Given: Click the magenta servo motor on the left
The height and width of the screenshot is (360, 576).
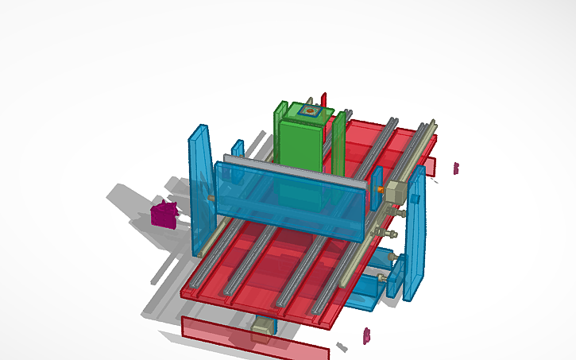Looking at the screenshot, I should pos(164,214).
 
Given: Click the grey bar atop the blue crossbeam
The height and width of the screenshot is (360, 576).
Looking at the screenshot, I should pos(294,168).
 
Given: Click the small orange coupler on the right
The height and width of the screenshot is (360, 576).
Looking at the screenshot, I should pos(381,189).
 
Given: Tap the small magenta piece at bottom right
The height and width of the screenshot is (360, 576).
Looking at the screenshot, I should pos(366,335).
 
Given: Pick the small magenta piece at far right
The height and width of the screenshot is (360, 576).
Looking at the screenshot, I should pos(456,168).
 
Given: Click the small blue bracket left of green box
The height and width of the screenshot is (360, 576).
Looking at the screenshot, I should pos(238,149).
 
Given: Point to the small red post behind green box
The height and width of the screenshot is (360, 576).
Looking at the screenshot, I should pos(323,99).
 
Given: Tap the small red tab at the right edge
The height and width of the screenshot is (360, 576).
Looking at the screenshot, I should pos(429,166).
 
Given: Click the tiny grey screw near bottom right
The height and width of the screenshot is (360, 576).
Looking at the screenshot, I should pos(341,346).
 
